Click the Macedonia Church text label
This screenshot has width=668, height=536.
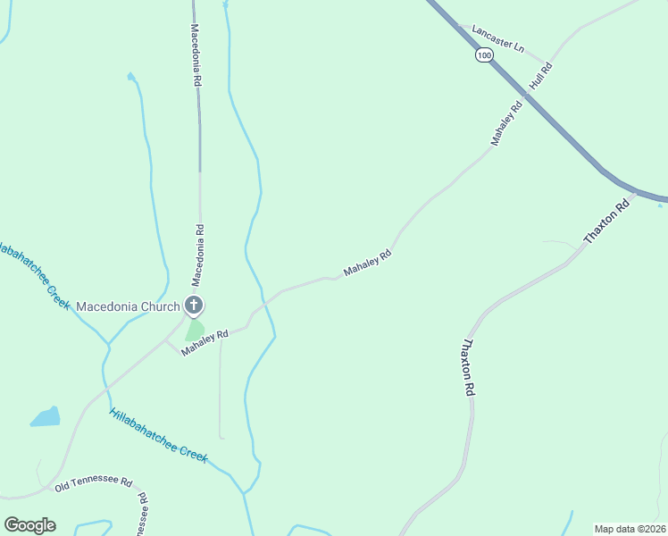click(x=128, y=306)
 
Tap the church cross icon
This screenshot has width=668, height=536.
click(x=193, y=306)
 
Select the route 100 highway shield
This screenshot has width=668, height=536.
click(x=483, y=55)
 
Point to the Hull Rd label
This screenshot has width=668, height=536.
click(x=541, y=75)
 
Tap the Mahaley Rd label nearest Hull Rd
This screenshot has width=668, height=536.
click(x=505, y=124)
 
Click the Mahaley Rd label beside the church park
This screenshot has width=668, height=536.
click(x=205, y=343)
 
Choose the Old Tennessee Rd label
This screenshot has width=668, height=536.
click(x=93, y=484)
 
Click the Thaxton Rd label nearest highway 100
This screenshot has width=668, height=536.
click(x=607, y=222)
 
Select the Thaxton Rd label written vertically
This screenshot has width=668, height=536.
click(x=467, y=367)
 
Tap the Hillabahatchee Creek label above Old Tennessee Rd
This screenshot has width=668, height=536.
click(x=158, y=436)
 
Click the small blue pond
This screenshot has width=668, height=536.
click(x=46, y=417)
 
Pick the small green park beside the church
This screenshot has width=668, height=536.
click(x=195, y=330)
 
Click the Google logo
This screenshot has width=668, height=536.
click(x=29, y=525)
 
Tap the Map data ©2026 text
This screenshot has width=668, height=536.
click(x=630, y=529)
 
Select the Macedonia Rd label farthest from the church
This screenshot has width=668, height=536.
click(x=196, y=54)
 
